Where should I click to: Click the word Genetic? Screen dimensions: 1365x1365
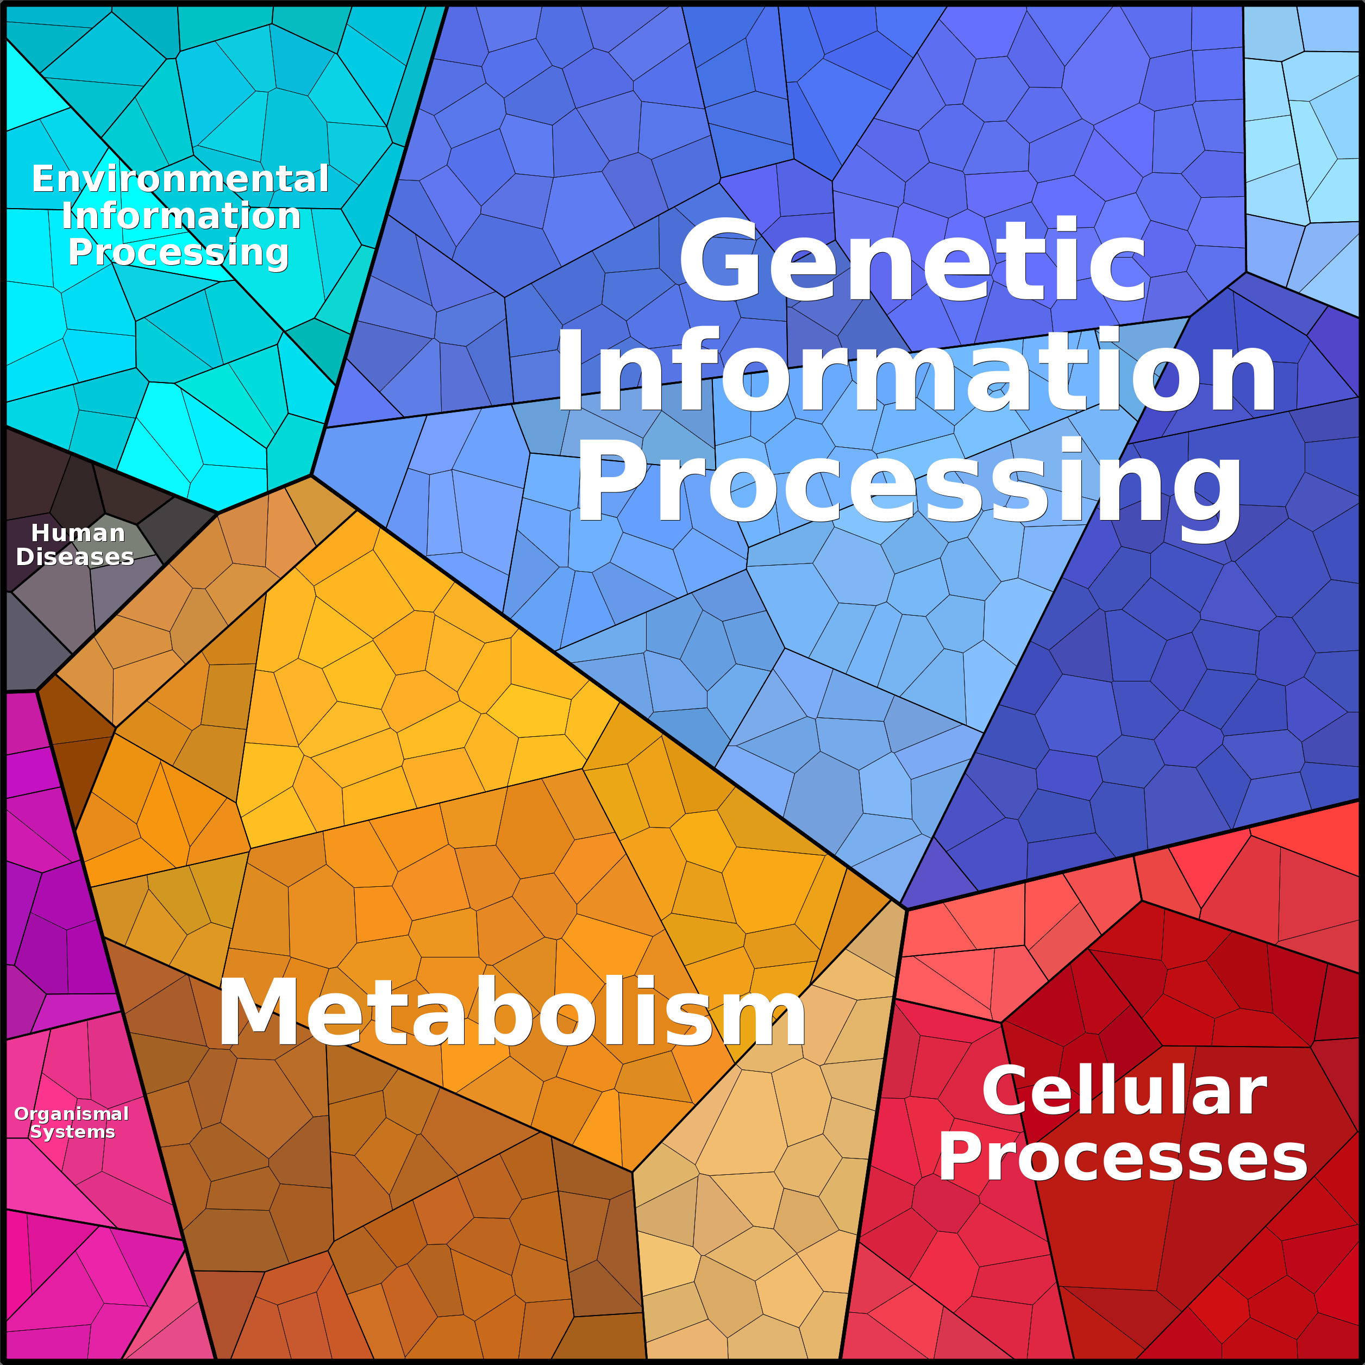[911, 261]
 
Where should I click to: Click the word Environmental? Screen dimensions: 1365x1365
[180, 179]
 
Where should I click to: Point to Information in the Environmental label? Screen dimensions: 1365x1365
[181, 216]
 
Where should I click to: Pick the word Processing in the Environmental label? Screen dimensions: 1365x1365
[178, 252]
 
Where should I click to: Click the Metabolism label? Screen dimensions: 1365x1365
[512, 1012]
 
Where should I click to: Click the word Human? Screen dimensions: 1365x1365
[78, 533]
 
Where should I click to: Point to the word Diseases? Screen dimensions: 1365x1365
[75, 557]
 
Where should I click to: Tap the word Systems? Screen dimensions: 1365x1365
[72, 1132]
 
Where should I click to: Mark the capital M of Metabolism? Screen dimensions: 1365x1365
[254, 1012]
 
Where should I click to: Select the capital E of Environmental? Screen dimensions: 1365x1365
[44, 179]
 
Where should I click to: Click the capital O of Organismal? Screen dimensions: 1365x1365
[21, 1113]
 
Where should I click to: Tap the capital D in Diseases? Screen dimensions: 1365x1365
[25, 557]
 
